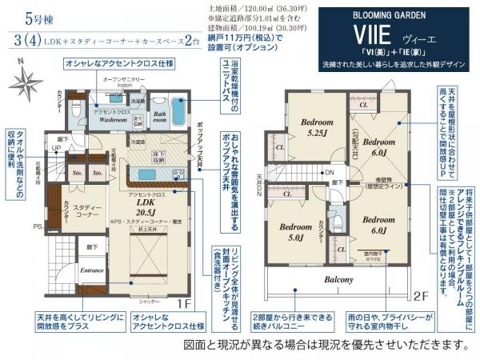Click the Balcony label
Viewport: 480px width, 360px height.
(339, 280)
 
